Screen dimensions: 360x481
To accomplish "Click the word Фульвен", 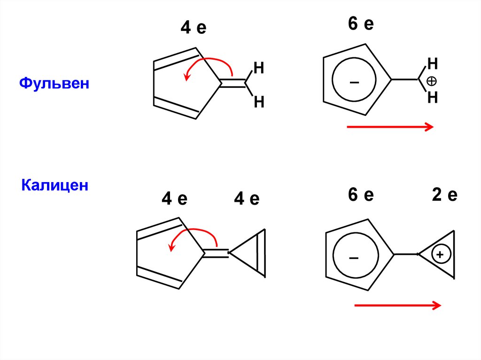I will point(54,84).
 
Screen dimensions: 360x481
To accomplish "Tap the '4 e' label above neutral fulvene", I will point(194,29).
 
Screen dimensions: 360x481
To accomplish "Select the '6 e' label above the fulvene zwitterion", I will point(361,24).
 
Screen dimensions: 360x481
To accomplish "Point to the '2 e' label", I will point(444,195).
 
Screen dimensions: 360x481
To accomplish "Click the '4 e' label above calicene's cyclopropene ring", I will point(247,199).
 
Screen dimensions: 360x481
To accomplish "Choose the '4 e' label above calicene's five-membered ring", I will point(174,199).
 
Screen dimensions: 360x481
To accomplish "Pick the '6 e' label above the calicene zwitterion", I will point(361,195).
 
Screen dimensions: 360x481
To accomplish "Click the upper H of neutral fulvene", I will point(259,68).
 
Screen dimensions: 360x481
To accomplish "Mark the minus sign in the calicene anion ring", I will point(354,258).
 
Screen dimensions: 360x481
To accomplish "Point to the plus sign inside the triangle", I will point(440,255).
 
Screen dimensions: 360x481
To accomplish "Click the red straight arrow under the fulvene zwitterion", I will point(389,126).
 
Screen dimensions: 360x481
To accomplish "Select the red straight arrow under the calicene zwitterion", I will point(397,306).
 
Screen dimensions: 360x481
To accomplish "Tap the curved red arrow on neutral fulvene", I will point(207,63).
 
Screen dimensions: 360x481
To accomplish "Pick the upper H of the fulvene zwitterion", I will point(433,63).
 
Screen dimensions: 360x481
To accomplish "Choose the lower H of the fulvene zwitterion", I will point(433,98).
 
